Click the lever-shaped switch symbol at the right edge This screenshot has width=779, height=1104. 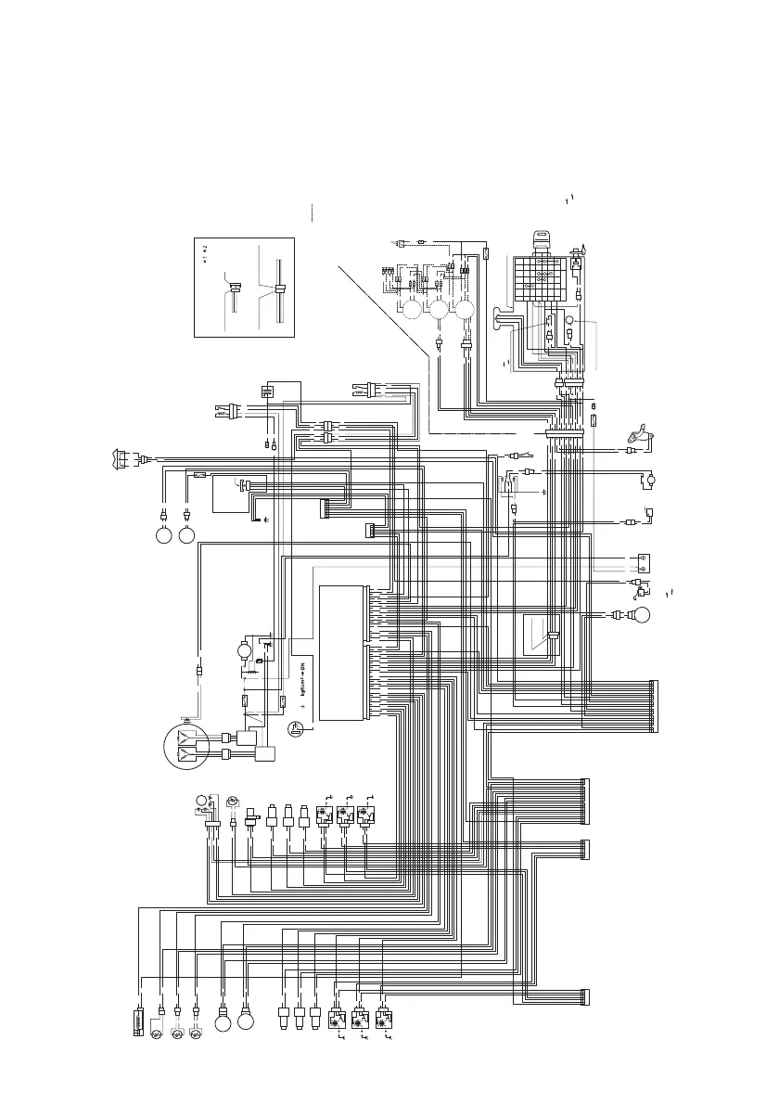639,433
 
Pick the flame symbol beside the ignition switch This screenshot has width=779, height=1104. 584,249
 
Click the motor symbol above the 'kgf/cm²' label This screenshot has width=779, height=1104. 245,650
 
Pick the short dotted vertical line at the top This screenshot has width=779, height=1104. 312,212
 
